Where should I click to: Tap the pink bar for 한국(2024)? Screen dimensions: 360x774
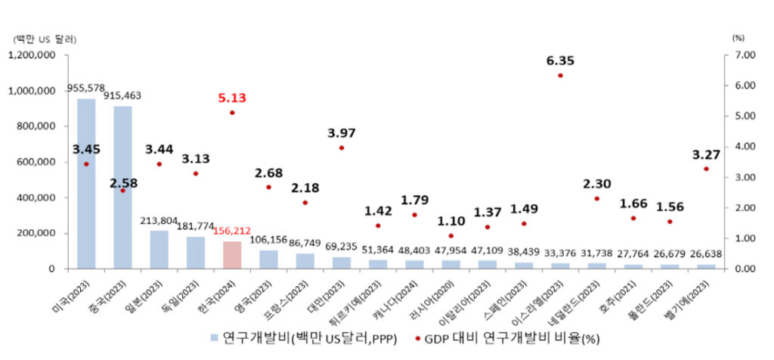(232, 255)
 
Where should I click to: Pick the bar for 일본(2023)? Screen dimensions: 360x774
(159, 250)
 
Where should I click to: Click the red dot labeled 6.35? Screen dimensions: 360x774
(560, 76)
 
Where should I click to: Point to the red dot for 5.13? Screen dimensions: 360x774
(232, 113)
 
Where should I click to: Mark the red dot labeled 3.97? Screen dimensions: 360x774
(342, 147)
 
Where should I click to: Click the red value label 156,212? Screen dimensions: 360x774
(231, 231)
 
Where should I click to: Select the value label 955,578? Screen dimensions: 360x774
(85, 87)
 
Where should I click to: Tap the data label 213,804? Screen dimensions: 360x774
(159, 221)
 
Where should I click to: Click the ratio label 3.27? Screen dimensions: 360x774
(706, 155)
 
